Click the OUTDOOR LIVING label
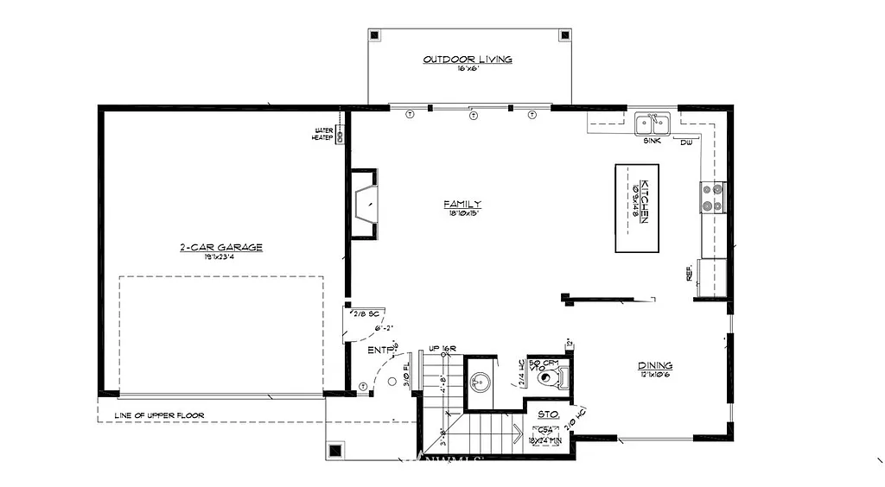(468, 60)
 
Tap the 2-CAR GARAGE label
(220, 248)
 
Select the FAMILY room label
(462, 204)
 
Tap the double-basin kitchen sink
(653, 124)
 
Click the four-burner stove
(713, 198)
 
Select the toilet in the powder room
(548, 377)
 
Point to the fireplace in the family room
(363, 204)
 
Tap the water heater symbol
(340, 136)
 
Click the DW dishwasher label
(686, 142)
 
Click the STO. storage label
(548, 414)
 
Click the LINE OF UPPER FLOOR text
(160, 416)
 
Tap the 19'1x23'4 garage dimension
(220, 257)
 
